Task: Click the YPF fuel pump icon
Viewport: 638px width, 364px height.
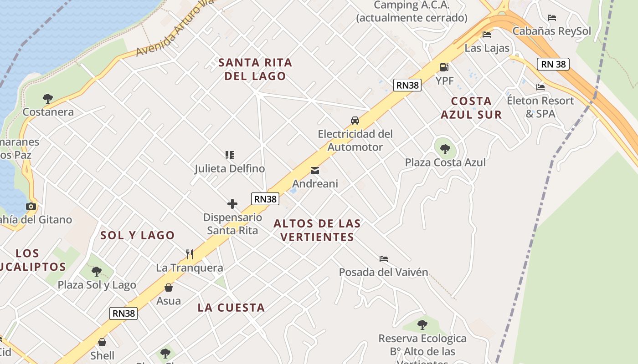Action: tap(444, 68)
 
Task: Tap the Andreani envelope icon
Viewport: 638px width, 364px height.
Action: tap(314, 171)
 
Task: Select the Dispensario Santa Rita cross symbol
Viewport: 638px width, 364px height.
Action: tap(232, 204)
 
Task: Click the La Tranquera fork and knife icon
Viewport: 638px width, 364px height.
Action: tap(190, 254)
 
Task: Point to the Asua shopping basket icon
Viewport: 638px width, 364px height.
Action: tap(169, 288)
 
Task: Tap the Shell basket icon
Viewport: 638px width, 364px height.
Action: tap(102, 342)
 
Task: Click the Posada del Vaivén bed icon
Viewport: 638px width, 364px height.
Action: tap(384, 259)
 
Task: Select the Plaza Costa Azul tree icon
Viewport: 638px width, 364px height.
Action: tap(445, 149)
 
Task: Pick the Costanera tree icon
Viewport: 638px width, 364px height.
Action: tap(47, 98)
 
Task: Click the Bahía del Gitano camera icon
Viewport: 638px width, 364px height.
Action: tap(31, 206)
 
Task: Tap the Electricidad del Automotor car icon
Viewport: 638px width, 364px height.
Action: tap(355, 121)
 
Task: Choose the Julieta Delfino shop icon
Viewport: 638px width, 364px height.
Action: tap(230, 155)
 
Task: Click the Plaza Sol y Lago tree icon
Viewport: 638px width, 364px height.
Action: tap(97, 272)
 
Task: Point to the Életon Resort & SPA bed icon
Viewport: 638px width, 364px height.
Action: tap(540, 87)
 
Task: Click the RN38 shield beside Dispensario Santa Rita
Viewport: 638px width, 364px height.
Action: tap(265, 199)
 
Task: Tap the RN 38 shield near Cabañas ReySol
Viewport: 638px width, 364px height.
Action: tap(554, 64)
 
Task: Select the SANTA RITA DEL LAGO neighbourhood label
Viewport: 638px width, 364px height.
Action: tap(255, 69)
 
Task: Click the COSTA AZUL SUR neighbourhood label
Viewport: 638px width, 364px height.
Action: tap(471, 108)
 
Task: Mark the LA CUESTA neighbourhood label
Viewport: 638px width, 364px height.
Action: tap(231, 308)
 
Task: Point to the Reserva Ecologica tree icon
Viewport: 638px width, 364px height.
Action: tap(422, 325)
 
